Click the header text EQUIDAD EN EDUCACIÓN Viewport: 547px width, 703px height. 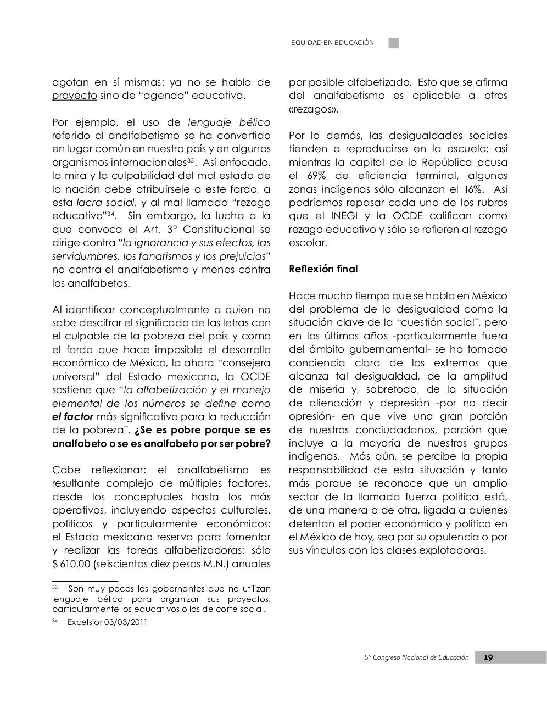tap(332, 43)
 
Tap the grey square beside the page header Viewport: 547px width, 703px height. tap(394, 43)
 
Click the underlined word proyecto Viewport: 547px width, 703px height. tap(74, 96)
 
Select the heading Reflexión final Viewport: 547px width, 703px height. tap(323, 269)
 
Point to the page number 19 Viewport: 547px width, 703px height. tap(488, 657)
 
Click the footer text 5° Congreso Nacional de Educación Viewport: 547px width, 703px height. tap(417, 657)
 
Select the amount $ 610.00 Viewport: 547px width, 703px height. tap(71, 564)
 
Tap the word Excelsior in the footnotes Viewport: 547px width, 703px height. tap(85, 622)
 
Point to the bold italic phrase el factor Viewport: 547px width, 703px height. tap(72, 417)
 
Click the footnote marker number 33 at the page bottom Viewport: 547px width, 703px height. tap(55, 588)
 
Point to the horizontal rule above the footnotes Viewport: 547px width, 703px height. tap(85, 581)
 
